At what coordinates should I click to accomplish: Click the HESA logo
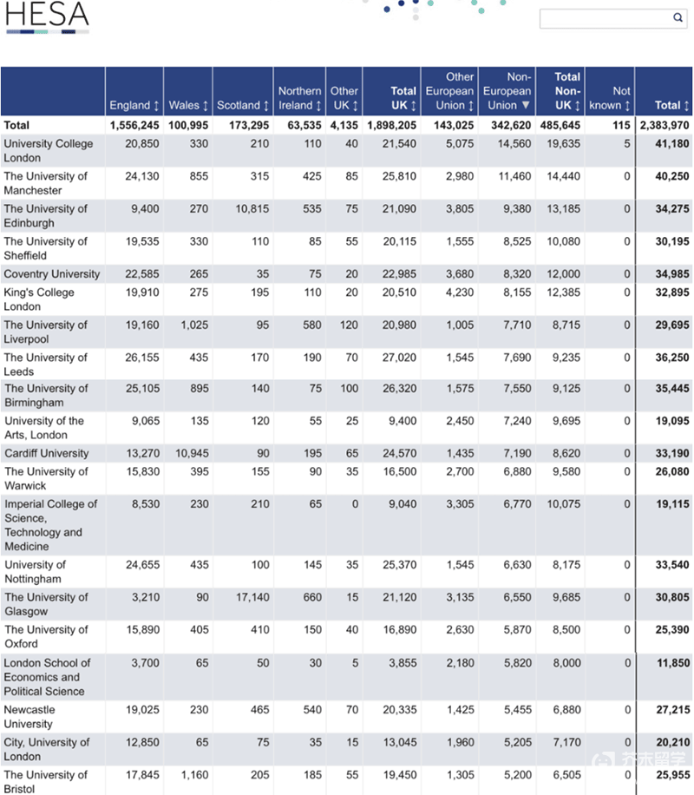click(47, 16)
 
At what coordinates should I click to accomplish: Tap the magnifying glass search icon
click(678, 17)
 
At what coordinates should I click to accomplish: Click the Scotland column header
click(243, 105)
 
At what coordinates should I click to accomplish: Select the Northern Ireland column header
click(299, 98)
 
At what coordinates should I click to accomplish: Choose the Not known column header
click(610, 98)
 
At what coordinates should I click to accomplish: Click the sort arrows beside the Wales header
click(206, 106)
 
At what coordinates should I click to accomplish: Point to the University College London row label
click(49, 151)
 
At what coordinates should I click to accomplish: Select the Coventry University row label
click(52, 273)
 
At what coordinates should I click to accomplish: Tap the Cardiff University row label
click(47, 453)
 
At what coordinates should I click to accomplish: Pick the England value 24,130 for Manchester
click(142, 176)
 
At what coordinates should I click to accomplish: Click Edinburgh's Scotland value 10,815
click(252, 208)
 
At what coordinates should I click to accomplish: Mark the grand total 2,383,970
click(665, 125)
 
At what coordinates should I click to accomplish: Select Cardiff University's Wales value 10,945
click(192, 453)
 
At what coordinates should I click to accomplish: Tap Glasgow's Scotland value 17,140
click(252, 597)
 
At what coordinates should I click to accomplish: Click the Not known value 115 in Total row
click(621, 125)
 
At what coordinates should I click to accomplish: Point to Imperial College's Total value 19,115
click(672, 504)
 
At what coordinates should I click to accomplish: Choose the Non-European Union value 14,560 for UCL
click(514, 143)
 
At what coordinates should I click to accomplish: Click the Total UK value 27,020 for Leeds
click(399, 358)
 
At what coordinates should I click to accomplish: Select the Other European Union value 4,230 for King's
click(460, 292)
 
